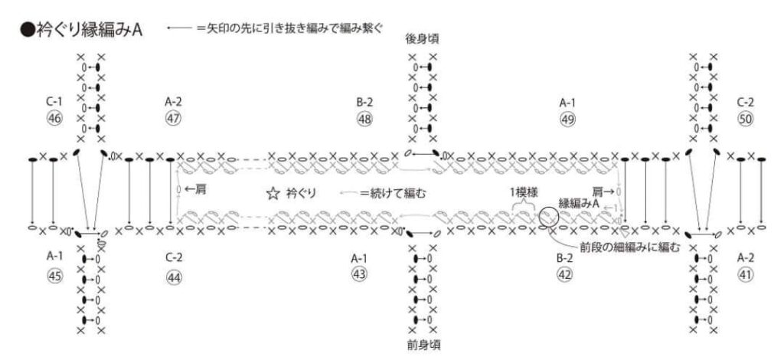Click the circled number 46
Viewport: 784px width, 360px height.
[54, 119]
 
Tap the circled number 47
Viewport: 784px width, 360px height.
[173, 119]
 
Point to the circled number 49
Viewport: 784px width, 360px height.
[568, 119]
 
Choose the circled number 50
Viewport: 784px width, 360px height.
[746, 119]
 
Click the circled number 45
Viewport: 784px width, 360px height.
[54, 277]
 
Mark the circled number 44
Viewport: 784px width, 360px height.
[174, 277]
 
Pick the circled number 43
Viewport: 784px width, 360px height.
[359, 277]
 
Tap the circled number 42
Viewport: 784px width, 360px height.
[565, 277]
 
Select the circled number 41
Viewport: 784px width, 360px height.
[746, 277]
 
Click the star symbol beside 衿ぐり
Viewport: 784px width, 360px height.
[272, 195]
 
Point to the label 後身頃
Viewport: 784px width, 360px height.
[422, 37]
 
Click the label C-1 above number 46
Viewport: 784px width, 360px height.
[54, 101]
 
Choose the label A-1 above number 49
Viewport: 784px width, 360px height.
[568, 101]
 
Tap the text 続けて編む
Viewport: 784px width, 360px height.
[399, 195]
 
